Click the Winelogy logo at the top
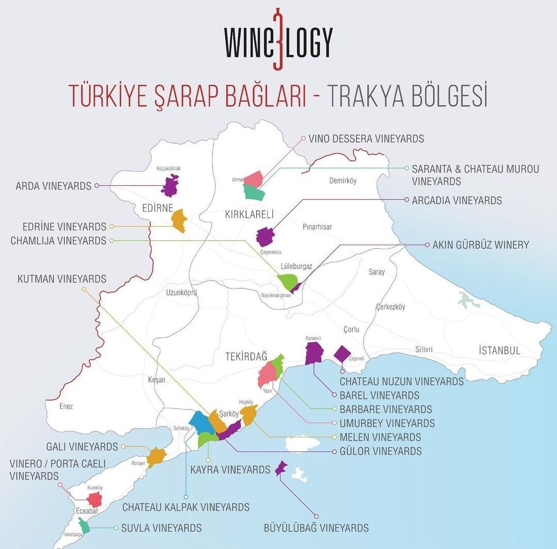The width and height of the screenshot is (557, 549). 278,41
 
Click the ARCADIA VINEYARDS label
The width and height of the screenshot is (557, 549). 456,200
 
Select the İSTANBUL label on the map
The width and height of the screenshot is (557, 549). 499,351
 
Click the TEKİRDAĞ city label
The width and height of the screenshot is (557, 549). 247,356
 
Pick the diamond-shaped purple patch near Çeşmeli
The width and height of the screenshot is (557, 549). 342,354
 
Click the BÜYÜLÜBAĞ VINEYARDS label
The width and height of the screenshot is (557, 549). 316,528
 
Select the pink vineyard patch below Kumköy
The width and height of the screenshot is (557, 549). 94,499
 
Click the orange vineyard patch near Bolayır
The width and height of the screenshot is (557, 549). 156,457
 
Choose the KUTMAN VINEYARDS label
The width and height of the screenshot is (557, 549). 61,279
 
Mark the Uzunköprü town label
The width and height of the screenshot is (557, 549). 182,293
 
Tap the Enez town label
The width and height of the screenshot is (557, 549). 66,406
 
